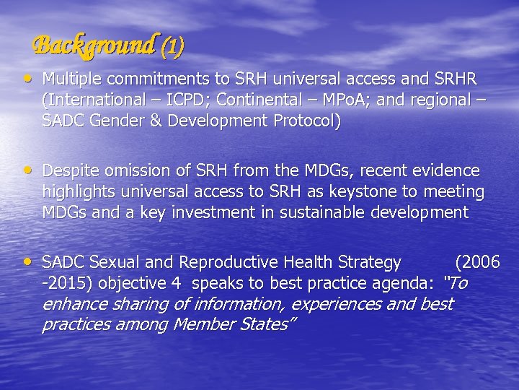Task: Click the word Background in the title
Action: pyautogui.click(x=94, y=46)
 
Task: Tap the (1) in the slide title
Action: pyautogui.click(x=172, y=48)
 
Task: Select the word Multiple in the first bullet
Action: pyautogui.click(x=70, y=78)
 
